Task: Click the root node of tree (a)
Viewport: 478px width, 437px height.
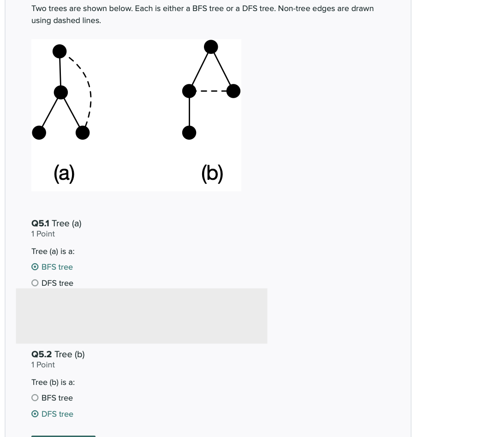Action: [x=60, y=51]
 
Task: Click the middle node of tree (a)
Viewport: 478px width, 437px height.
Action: [x=61, y=92]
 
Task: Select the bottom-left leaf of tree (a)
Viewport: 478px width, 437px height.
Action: [x=39, y=133]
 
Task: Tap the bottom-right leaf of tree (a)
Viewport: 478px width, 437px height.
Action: [x=83, y=133]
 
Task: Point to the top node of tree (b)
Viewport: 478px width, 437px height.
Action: [x=211, y=47]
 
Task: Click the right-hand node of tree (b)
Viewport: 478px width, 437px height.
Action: [x=233, y=91]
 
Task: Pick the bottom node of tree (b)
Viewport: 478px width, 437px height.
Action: [x=189, y=133]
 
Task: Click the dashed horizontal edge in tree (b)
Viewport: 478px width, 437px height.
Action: [x=211, y=91]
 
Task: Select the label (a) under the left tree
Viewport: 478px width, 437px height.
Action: [x=64, y=173]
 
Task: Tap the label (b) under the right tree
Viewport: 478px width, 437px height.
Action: [x=212, y=173]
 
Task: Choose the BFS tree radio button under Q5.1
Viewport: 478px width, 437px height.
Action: [x=35, y=267]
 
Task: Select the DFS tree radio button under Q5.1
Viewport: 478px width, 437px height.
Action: [x=35, y=283]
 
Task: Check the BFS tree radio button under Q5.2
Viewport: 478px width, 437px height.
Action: [x=35, y=398]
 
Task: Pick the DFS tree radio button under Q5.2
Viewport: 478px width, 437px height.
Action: [x=35, y=414]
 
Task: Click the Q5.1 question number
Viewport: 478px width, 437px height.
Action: [x=41, y=224]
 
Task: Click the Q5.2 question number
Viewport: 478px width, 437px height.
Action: [x=42, y=354]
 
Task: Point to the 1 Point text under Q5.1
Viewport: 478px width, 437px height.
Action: [x=43, y=234]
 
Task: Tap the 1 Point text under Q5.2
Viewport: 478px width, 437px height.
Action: [x=43, y=365]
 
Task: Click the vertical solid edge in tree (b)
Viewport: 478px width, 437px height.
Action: [x=189, y=112]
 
